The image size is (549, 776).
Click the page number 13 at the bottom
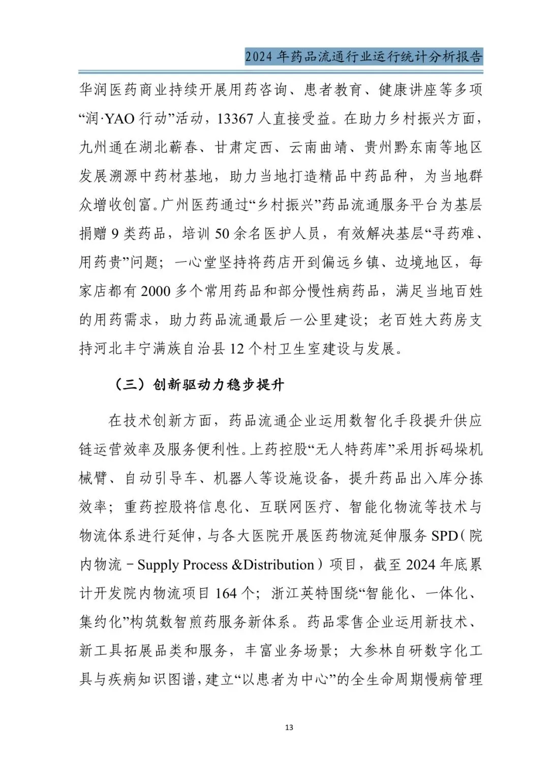[289, 728]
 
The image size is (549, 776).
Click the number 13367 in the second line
[235, 119]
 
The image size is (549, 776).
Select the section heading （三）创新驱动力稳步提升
[199, 384]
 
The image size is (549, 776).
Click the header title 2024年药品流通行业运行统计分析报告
[363, 56]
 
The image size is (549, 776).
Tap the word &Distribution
[273, 565]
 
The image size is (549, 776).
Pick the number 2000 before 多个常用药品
[155, 291]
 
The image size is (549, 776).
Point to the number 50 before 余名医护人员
[222, 234]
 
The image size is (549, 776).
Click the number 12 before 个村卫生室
[237, 349]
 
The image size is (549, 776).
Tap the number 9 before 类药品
[115, 234]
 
